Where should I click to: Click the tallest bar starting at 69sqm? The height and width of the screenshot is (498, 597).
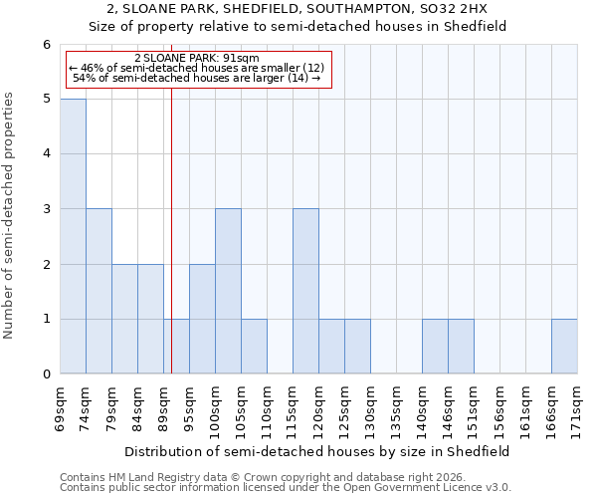tap(73, 236)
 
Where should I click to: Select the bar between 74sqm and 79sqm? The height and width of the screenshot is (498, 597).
tap(99, 291)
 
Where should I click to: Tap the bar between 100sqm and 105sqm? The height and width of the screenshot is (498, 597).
tap(228, 291)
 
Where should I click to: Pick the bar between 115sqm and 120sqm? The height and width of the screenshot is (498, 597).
tap(305, 291)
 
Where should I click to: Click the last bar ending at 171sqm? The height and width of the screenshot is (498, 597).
tap(564, 347)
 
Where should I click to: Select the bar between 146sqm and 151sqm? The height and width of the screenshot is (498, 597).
tap(461, 347)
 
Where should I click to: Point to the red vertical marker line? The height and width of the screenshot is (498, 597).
tap(172, 229)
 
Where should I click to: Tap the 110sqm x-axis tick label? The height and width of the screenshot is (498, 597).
tap(268, 407)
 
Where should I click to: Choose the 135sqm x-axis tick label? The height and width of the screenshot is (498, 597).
tap(397, 407)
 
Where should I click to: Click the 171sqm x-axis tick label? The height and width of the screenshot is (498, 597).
tap(578, 407)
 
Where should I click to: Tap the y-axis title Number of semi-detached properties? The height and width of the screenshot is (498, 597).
tap(10, 215)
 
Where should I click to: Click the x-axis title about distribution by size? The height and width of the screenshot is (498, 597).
tap(318, 451)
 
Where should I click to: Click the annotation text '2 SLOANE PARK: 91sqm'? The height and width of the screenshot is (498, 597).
tap(196, 58)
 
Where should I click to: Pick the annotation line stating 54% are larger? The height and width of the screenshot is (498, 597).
tap(197, 78)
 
